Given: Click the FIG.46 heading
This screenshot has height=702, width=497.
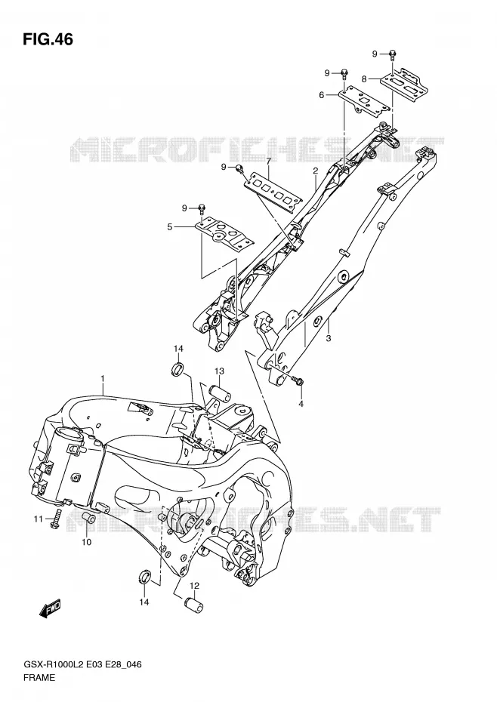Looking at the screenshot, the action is click(48, 39).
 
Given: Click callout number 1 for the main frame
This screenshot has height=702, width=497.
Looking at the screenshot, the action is click(102, 379).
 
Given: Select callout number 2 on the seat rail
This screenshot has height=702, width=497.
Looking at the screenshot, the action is click(316, 171).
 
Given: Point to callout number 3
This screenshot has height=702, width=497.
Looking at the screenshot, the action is click(329, 338).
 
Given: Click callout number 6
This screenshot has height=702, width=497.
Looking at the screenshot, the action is click(321, 95).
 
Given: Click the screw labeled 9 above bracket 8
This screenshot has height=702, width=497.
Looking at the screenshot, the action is click(392, 54).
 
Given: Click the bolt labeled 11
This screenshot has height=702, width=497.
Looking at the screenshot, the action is click(55, 519).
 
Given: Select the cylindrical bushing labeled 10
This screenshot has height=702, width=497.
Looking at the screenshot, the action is click(87, 522).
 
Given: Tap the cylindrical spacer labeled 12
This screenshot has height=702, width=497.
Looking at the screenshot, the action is click(193, 605).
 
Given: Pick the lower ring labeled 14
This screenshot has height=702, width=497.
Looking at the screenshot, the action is click(144, 577).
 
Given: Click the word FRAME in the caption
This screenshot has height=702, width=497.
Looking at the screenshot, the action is click(40, 678).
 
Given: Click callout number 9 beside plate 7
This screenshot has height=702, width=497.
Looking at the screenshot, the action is click(223, 167).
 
